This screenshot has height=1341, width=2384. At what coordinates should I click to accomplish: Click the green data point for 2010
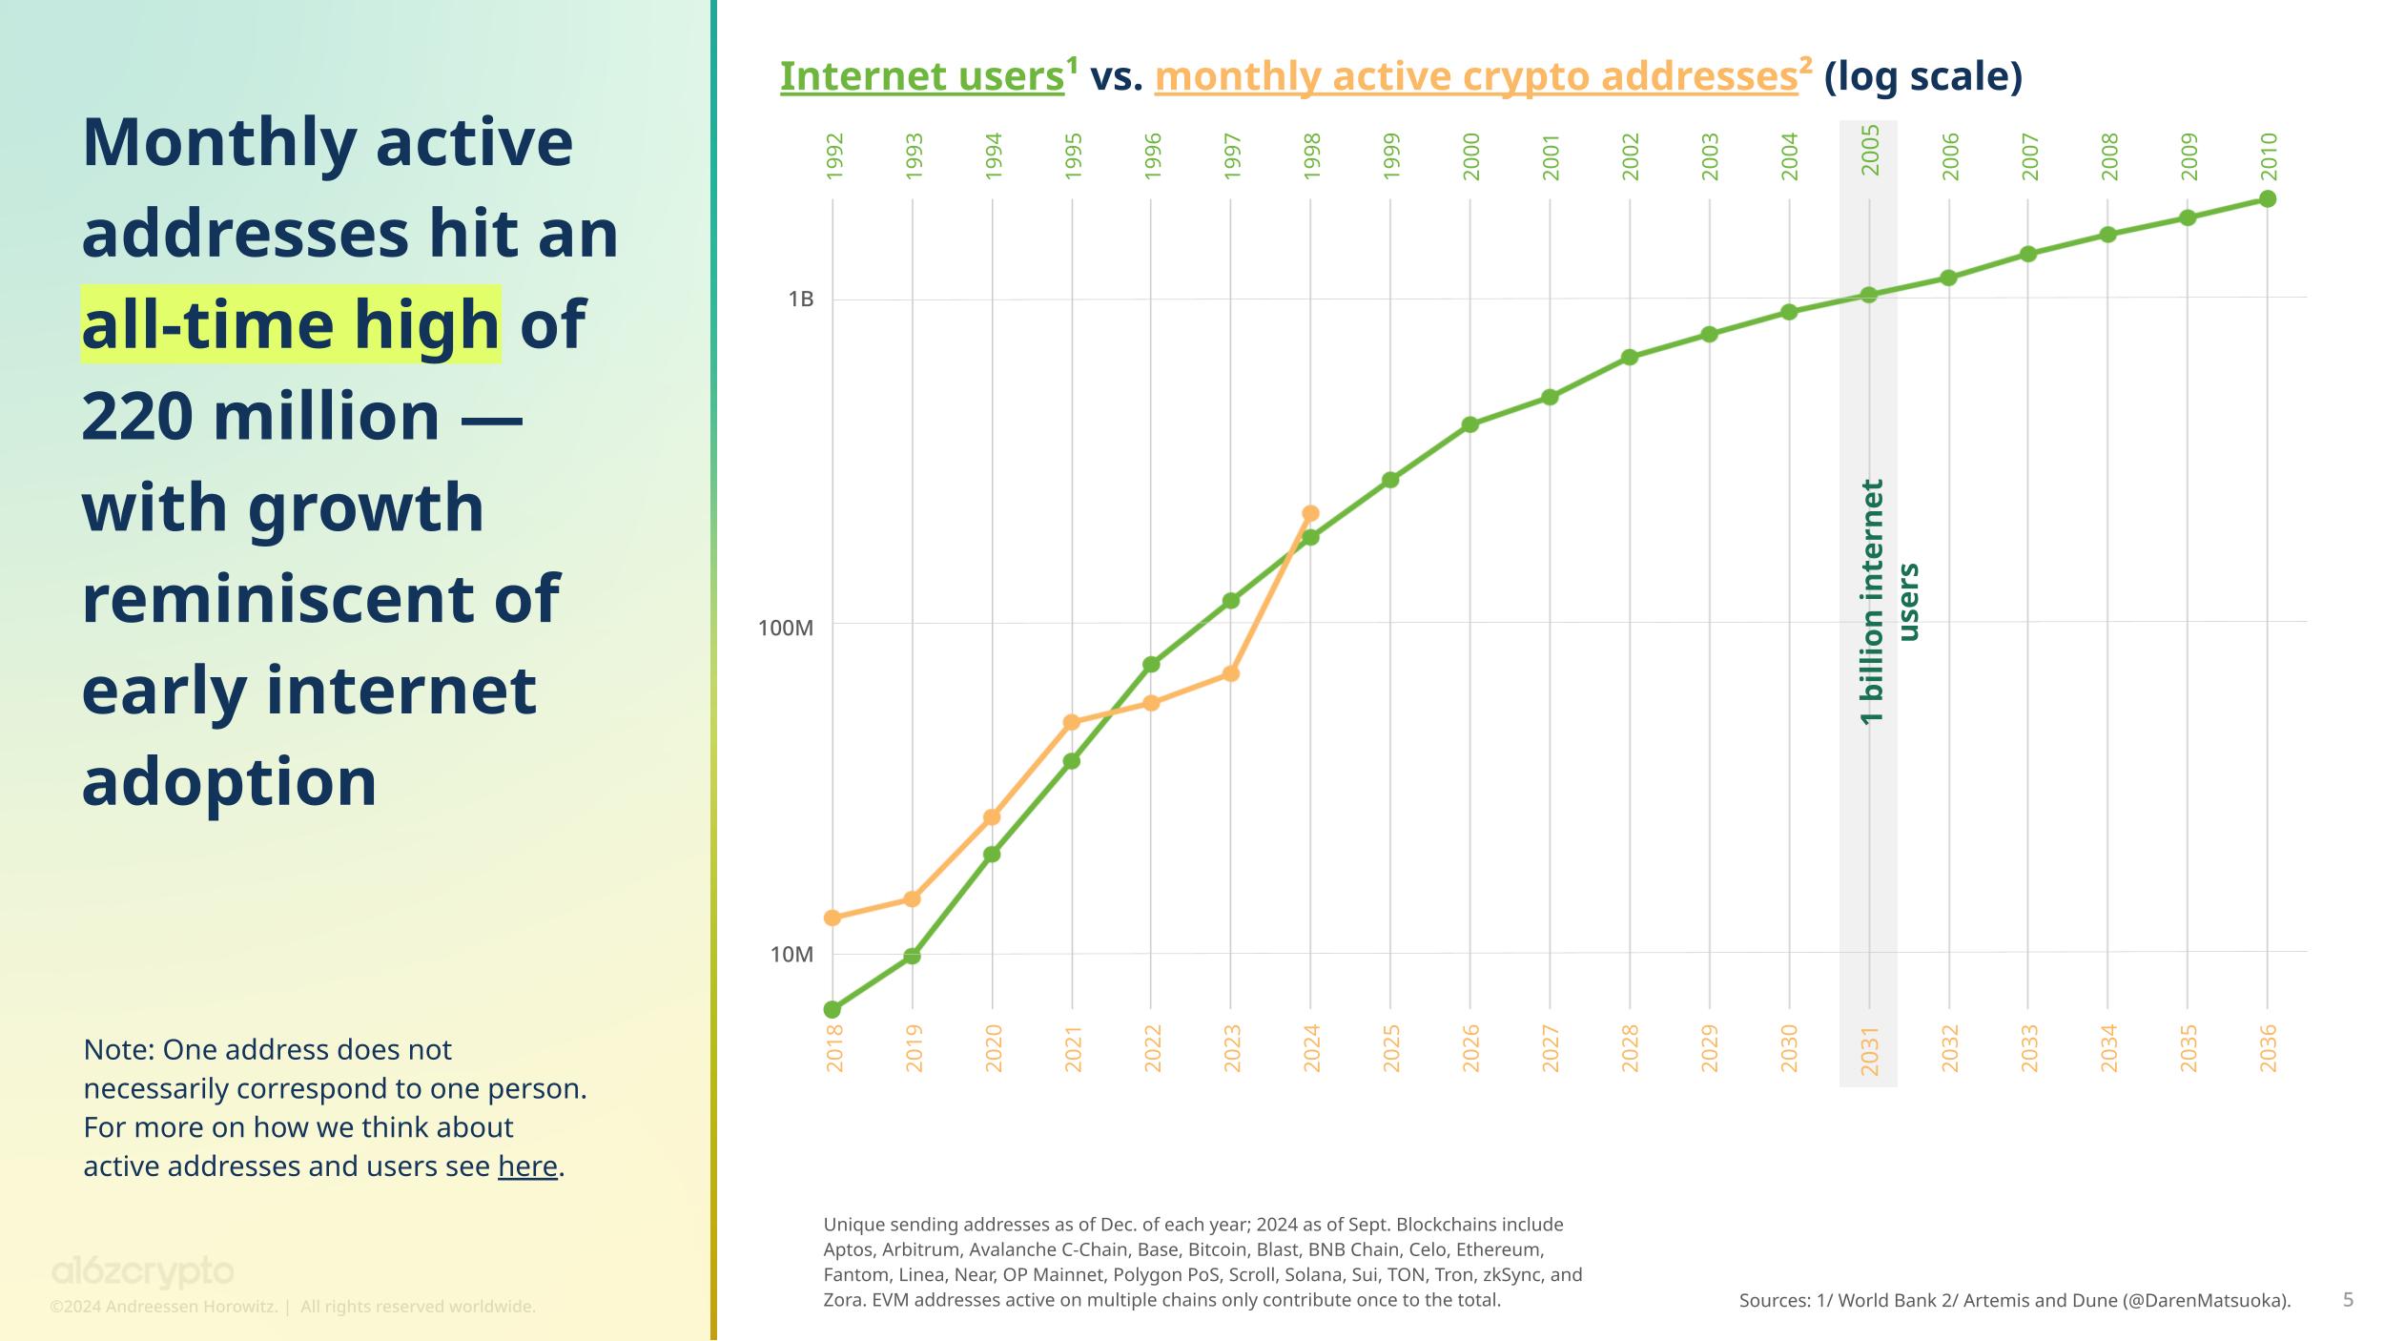pos(2268,199)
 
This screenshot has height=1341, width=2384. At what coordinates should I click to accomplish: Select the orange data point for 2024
pos(1310,513)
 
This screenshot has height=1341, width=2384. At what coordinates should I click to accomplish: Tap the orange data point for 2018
pos(832,918)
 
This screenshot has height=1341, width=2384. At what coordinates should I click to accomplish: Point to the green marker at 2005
pos(1869,296)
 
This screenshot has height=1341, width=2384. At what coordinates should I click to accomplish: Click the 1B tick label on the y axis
pos(801,299)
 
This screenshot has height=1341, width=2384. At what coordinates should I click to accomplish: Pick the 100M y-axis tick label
pos(786,628)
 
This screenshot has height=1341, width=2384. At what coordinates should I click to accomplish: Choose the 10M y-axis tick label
pos(791,955)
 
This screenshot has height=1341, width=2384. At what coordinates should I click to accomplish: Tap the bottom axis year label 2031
pos(1870,1051)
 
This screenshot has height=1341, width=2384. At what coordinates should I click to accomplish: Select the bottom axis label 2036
pos(2269,1047)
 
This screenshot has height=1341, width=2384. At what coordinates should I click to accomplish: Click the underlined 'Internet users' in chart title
pos(921,77)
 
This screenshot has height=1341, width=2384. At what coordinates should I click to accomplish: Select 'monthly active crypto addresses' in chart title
pos(1475,77)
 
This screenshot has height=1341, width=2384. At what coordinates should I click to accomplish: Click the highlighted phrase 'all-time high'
pos(291,325)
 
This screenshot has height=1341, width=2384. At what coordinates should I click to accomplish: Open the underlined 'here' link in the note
pos(527,1166)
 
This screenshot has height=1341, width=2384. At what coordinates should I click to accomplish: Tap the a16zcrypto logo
pos(142,1272)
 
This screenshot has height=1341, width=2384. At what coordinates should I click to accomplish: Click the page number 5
pos(2348,1299)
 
